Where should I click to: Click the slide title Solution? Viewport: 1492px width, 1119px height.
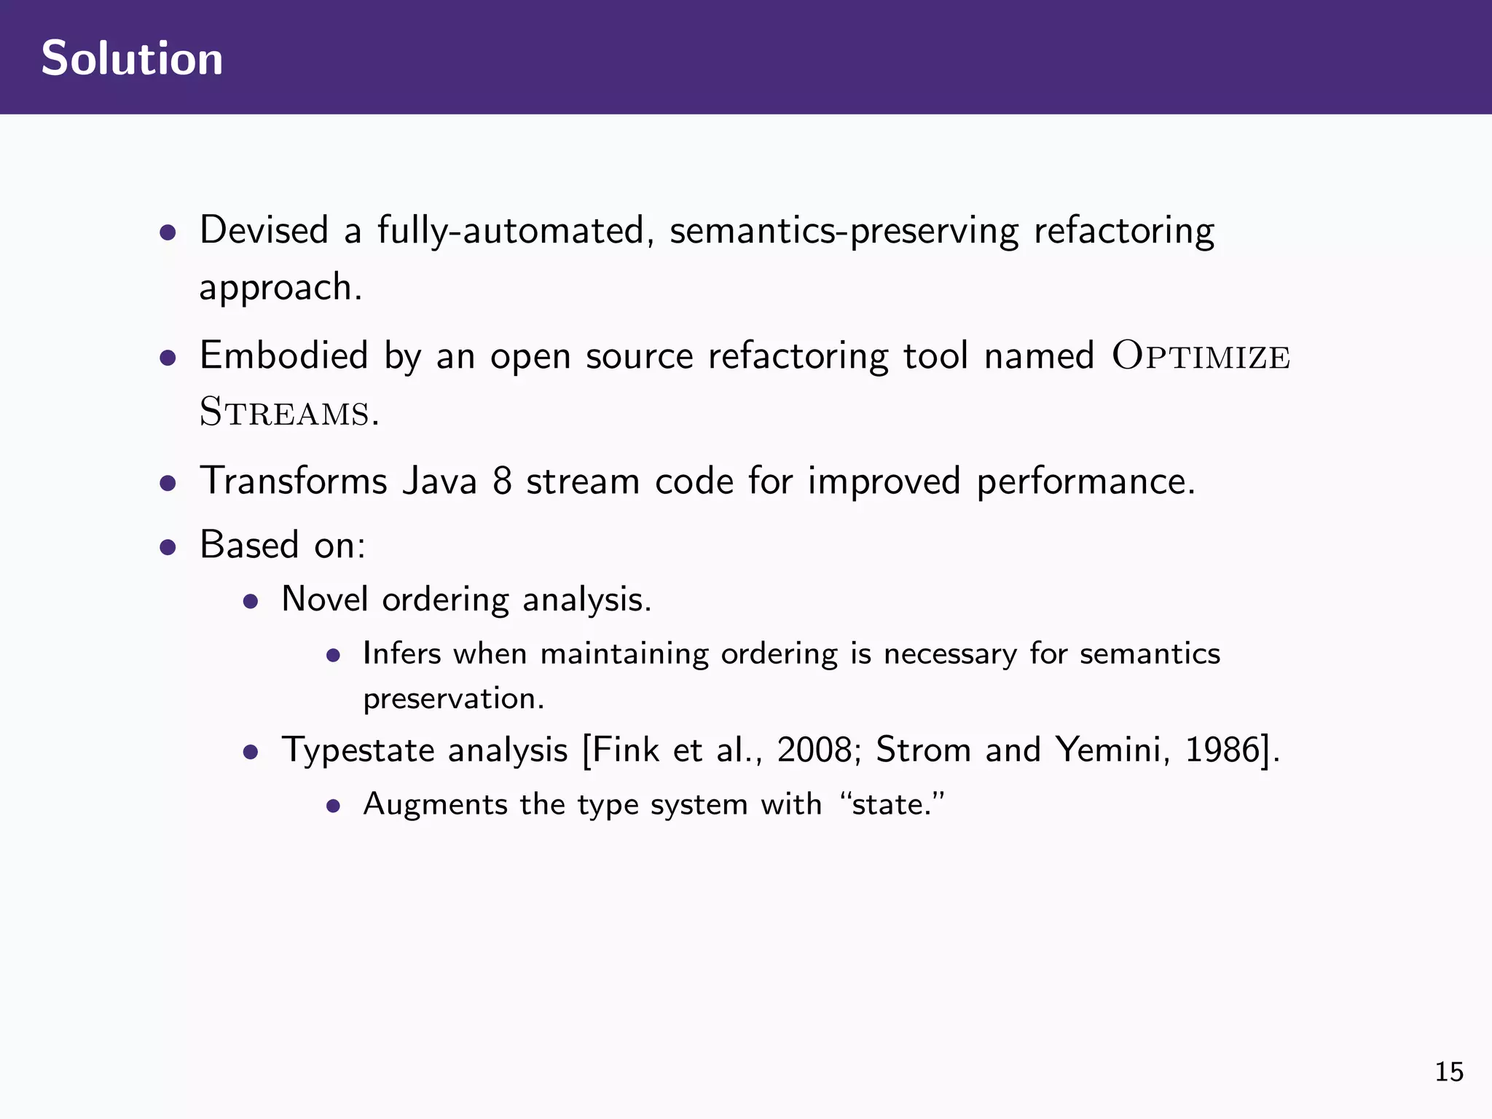pos(132,58)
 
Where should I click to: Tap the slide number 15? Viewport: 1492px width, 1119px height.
pos(1449,1072)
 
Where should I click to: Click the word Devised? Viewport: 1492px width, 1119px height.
pos(264,230)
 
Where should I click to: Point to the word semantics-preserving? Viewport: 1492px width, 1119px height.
pos(844,232)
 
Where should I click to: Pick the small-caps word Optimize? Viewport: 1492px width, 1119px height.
pos(1201,356)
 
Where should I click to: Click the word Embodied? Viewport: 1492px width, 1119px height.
pos(283,356)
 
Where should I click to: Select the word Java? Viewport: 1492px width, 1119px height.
pos(439,482)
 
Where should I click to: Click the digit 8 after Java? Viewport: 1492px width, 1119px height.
pos(502,482)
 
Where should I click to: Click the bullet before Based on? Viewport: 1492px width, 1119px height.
pos(168,547)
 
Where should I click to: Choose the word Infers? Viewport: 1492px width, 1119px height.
pos(401,653)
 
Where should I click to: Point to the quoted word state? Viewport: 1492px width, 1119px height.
pos(891,805)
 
